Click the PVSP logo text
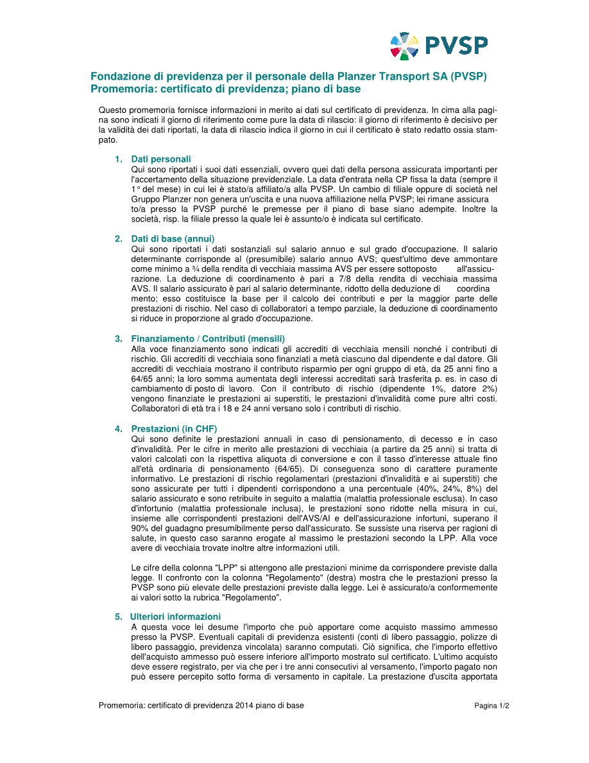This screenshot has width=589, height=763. point(456,46)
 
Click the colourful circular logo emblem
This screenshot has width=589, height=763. point(404,46)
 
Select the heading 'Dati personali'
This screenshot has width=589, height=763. point(161,159)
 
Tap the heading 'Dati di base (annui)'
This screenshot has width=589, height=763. point(173,238)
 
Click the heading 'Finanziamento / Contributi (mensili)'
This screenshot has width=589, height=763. point(208,338)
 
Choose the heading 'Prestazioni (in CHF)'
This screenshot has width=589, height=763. point(174,428)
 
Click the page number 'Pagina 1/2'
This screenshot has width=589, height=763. point(491,706)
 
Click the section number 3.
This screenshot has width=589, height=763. point(117,338)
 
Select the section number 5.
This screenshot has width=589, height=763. point(117,617)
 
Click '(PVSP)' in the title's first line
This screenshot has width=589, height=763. point(468,76)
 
